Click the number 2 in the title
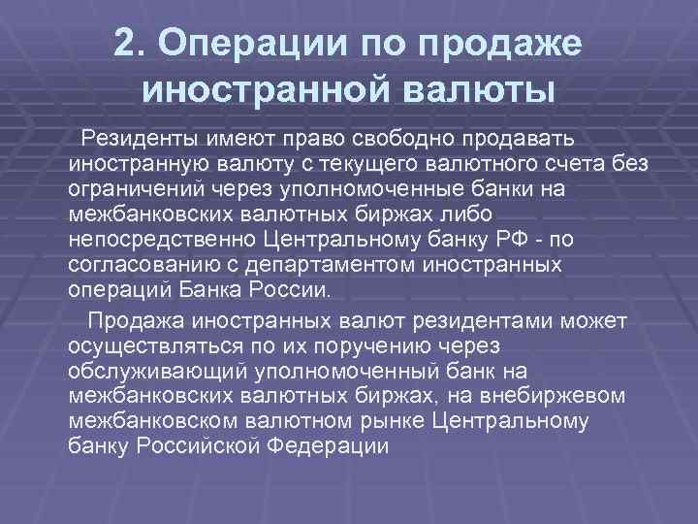[x=125, y=44]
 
